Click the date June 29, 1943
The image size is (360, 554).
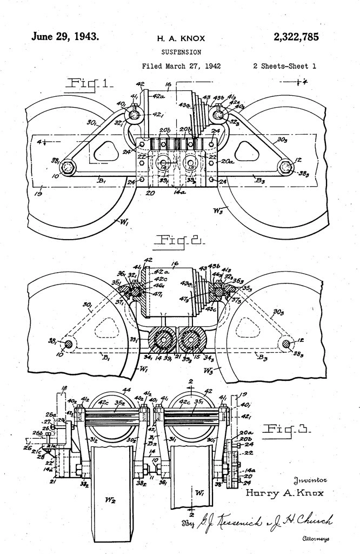point(65,37)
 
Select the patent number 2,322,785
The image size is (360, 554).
point(296,37)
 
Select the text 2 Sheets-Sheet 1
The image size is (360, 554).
point(284,67)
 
